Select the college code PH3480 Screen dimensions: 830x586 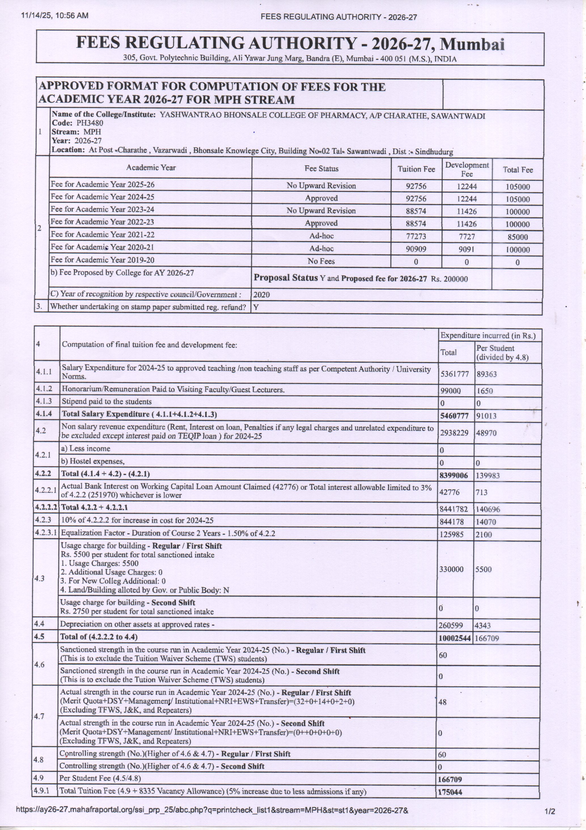pyautogui.click(x=90, y=123)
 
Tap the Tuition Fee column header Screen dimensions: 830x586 pyautogui.click(x=416, y=169)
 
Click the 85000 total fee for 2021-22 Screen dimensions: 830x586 pyautogui.click(x=517, y=237)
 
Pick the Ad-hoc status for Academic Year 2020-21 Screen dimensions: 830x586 pyautogui.click(x=321, y=249)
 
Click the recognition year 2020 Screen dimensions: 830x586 pyautogui.click(x=261, y=295)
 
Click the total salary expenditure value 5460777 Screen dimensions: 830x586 pyautogui.click(x=454, y=416)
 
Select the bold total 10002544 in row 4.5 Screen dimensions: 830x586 pyautogui.click(x=454, y=638)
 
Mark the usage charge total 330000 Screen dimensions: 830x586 pyautogui.click(x=451, y=569)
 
